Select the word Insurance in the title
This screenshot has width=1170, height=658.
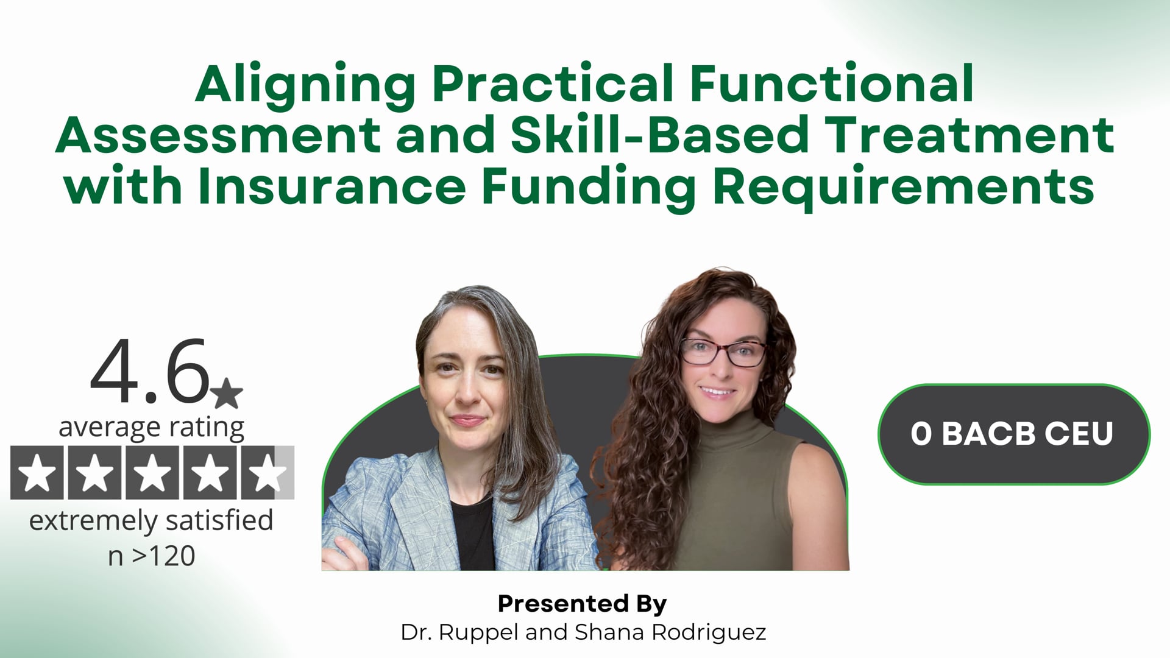click(332, 186)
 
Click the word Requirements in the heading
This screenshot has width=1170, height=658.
click(903, 186)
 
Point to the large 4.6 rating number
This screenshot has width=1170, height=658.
click(150, 372)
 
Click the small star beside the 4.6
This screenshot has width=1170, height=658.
click(227, 393)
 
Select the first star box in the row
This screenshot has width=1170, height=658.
click(37, 473)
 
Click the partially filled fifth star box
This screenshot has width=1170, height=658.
click(268, 473)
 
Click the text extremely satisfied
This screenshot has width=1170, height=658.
click(151, 521)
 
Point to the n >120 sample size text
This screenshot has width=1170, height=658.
click(151, 556)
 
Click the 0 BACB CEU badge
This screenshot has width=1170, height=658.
click(1013, 434)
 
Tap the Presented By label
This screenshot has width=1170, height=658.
click(582, 603)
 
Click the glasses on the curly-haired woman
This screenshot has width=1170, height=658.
click(724, 352)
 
